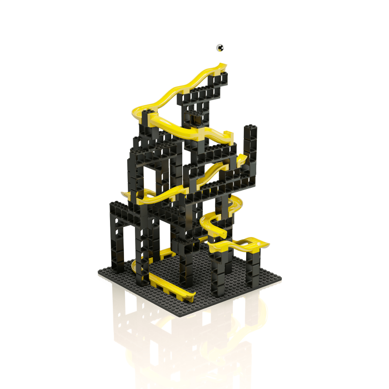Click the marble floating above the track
[220, 48]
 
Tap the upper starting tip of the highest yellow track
[223, 67]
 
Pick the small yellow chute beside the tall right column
[241, 161]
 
